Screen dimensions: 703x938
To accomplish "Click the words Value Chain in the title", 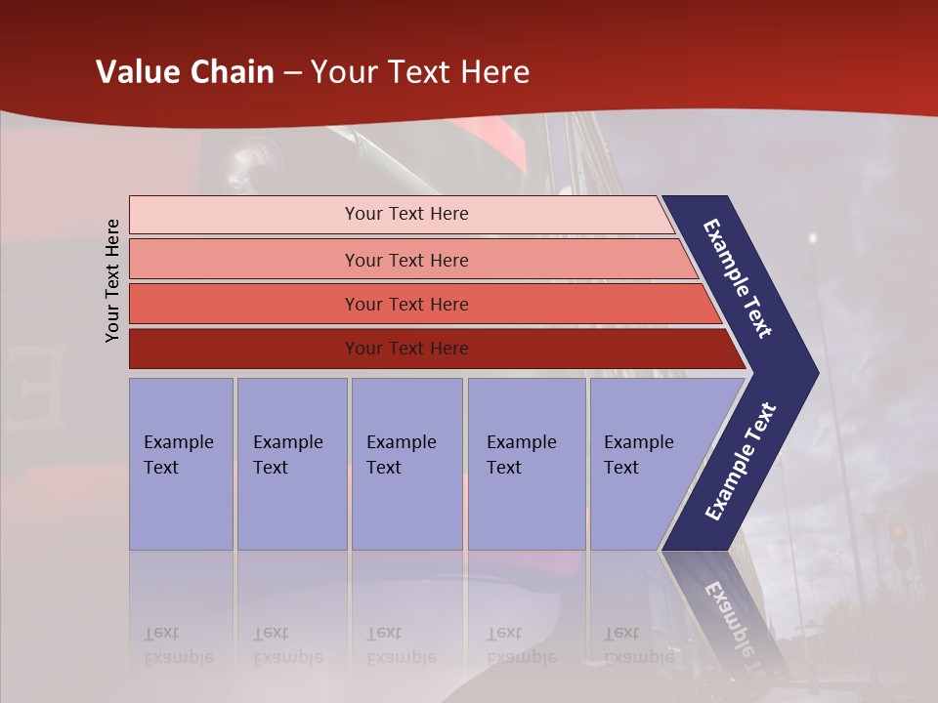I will [x=185, y=72].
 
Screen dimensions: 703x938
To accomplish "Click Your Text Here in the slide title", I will [x=420, y=72].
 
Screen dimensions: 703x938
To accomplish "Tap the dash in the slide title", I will [x=292, y=73].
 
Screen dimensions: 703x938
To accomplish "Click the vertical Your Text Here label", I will [x=112, y=280].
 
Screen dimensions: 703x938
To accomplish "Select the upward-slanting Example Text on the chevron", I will [x=741, y=461].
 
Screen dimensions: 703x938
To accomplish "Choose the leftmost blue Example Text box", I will [x=181, y=464].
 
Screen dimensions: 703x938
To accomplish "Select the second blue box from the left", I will [x=291, y=464].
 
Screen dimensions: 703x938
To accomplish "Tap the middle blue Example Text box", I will [x=405, y=464].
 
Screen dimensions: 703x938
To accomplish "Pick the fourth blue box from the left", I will [x=526, y=464].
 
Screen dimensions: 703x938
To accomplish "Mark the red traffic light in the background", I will [x=897, y=533].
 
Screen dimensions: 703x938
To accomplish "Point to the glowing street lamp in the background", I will [x=811, y=237].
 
